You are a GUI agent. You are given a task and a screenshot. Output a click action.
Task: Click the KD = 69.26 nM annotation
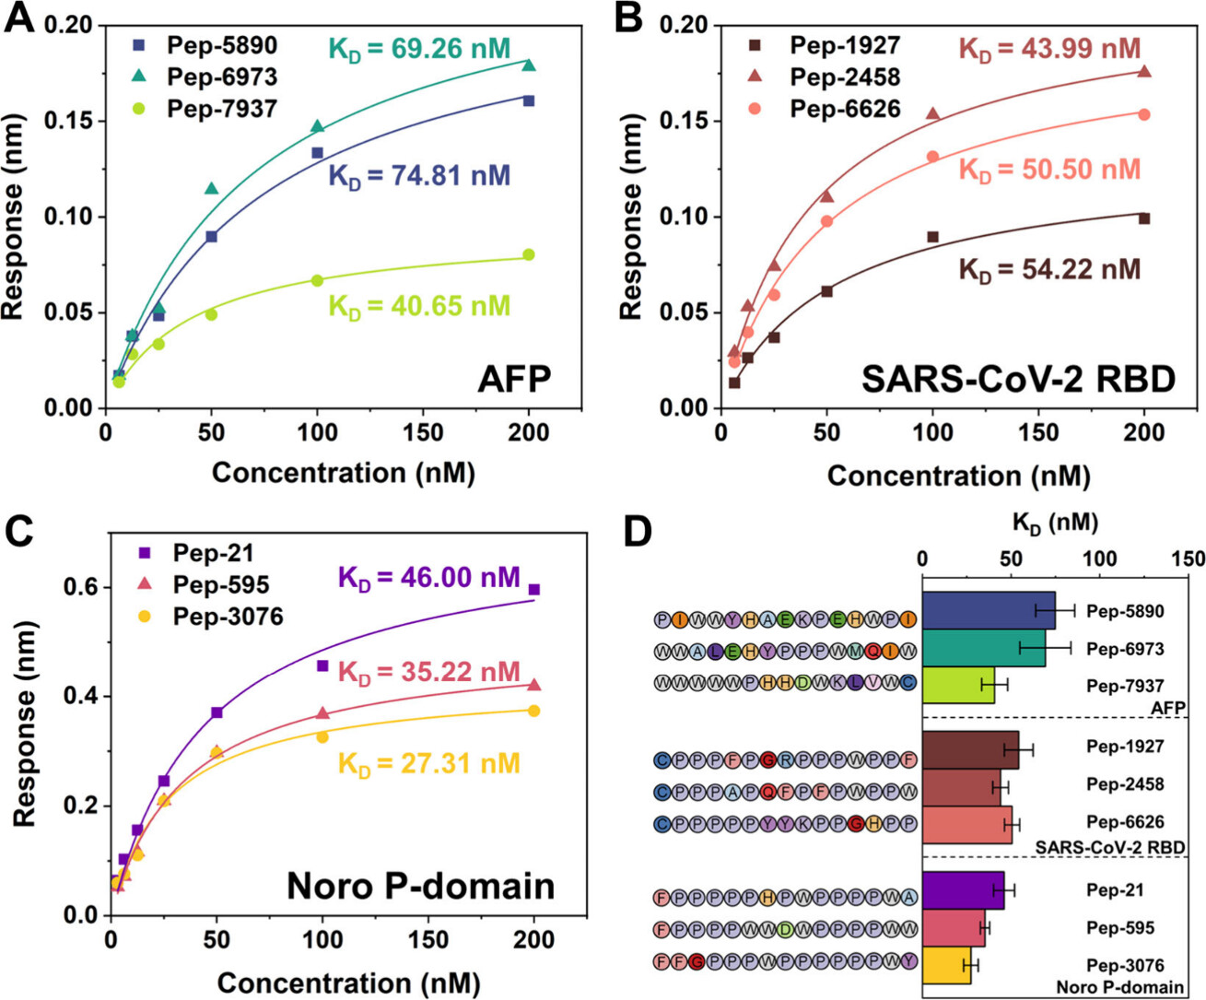pos(419,49)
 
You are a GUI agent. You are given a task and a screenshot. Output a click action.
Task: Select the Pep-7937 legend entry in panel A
pos(221,109)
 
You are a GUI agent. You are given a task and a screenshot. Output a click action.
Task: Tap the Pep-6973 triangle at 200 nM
pos(529,65)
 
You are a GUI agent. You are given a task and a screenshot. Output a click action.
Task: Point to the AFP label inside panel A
pos(514,379)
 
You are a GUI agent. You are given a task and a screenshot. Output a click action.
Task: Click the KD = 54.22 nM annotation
pos(1049,270)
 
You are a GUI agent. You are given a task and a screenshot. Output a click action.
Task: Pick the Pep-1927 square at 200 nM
pos(1144,218)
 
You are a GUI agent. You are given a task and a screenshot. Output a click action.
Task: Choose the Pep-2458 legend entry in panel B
pos(844,77)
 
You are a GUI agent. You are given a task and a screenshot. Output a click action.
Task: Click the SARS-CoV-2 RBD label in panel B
pos(1018,379)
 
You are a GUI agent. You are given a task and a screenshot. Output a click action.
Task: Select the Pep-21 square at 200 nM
pos(534,589)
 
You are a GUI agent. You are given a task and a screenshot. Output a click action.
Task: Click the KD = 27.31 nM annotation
pos(429,764)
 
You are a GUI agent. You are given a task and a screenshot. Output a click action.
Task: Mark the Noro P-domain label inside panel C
pos(421,886)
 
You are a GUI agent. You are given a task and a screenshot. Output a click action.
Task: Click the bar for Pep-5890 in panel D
pos(988,611)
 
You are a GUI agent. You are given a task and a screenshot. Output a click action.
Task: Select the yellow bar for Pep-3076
pos(946,965)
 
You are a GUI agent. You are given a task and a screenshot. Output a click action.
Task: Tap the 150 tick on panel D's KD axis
pos(1188,559)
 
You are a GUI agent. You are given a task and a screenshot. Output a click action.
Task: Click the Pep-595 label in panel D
pos(1120,928)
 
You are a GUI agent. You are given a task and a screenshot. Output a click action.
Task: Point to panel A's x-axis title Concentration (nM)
pos(343,473)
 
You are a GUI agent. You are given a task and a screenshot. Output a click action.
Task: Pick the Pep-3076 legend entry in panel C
pos(228,617)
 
